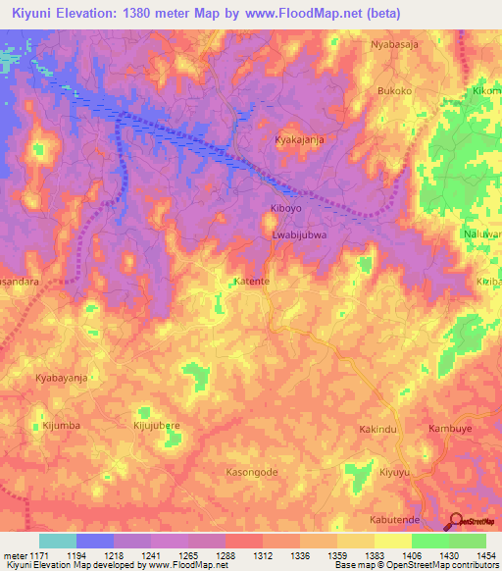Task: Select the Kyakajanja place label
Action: pyautogui.click(x=299, y=140)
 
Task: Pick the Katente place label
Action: pyautogui.click(x=252, y=281)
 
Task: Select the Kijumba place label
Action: pyautogui.click(x=61, y=425)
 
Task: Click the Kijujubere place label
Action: pyautogui.click(x=158, y=426)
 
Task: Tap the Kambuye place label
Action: pyautogui.click(x=451, y=430)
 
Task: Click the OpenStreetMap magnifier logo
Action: pyautogui.click(x=456, y=523)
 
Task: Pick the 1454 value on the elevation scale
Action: pyautogui.click(x=486, y=554)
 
